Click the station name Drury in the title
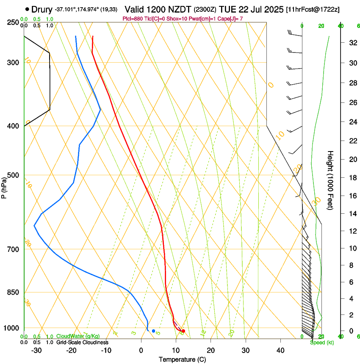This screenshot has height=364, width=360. (x=42, y=9)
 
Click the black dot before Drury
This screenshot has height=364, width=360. (x=28, y=9)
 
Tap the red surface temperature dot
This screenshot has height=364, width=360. (x=183, y=331)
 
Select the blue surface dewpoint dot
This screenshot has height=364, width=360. (x=153, y=331)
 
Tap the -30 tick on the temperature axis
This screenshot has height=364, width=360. (x=36, y=350)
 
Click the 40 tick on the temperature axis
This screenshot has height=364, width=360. (x=280, y=350)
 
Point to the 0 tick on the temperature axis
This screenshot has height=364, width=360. (x=141, y=350)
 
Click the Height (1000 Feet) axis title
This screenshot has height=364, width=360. (x=330, y=180)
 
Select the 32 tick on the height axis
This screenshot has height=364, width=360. (x=351, y=43)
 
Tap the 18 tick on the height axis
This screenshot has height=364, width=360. (x=351, y=178)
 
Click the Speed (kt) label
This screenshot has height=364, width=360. (x=320, y=342)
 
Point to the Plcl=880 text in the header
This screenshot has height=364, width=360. (x=132, y=19)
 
